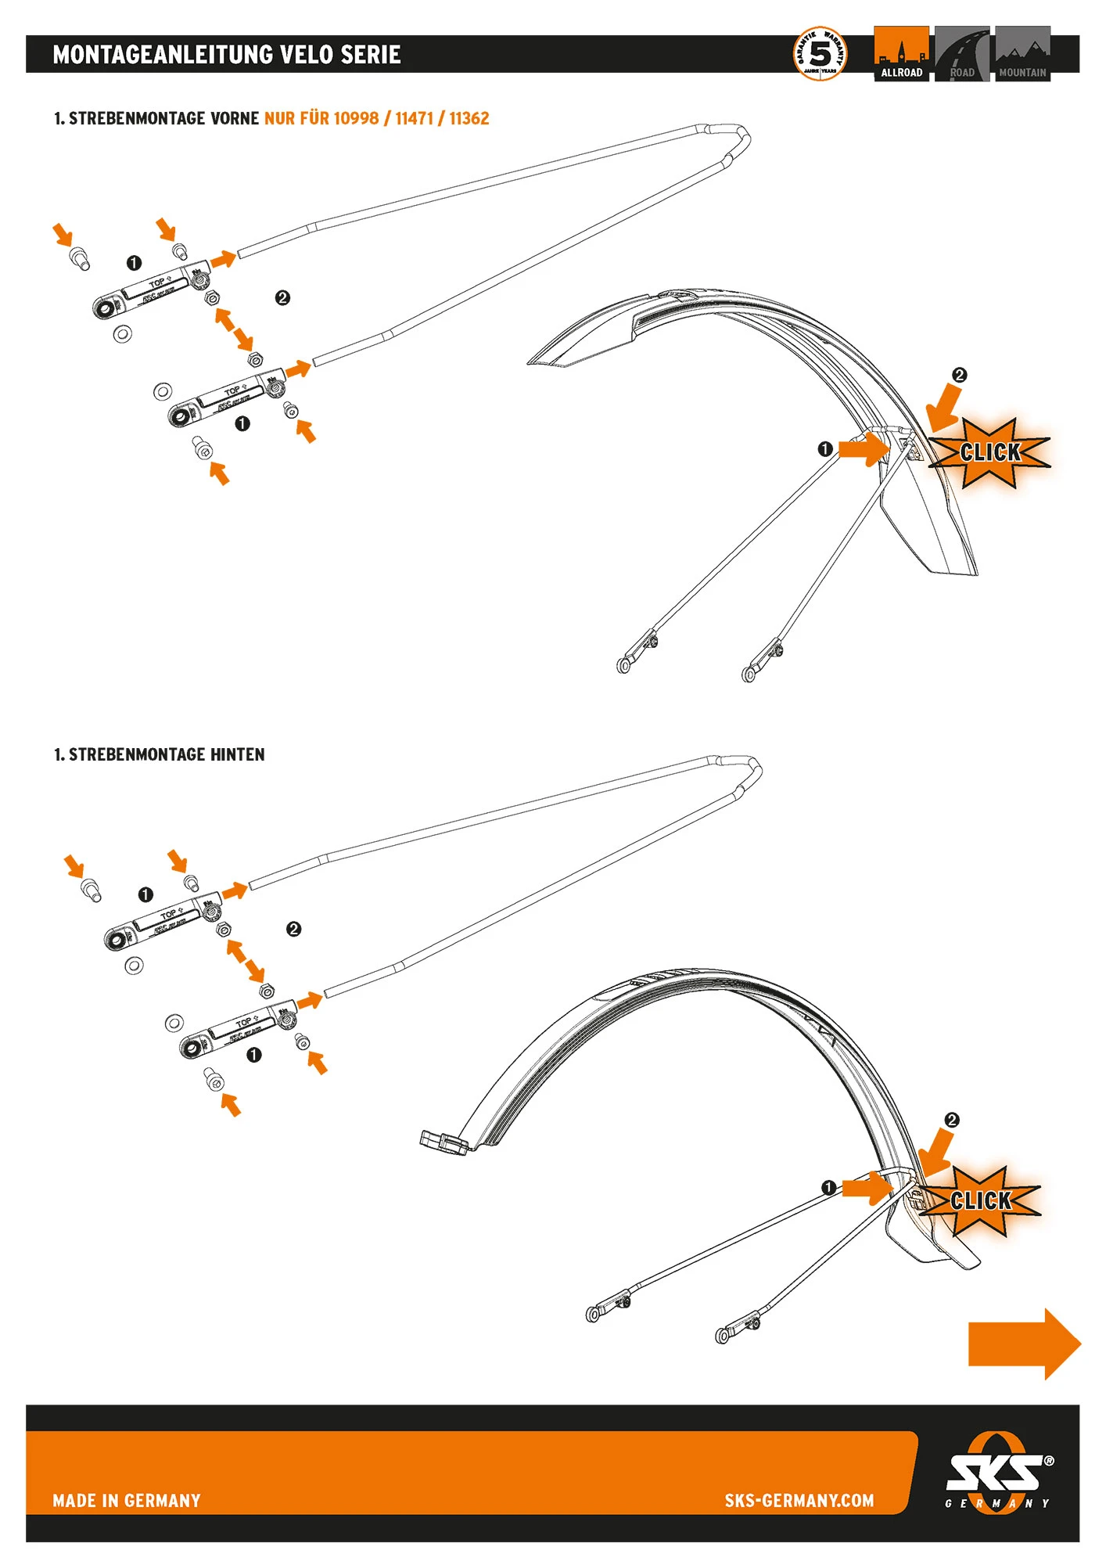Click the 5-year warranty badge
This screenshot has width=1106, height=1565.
[819, 54]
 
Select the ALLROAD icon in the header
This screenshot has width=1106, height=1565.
[901, 54]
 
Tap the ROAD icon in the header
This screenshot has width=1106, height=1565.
[961, 54]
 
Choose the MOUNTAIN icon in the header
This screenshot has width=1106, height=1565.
[1022, 54]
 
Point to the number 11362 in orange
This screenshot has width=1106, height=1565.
[469, 118]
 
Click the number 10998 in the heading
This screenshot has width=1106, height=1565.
[356, 118]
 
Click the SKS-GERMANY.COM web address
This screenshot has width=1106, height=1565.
[799, 1500]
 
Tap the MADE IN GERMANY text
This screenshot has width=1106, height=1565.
[127, 1500]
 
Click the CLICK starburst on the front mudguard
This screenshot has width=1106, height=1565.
[989, 452]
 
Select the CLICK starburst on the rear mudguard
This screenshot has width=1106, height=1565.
[980, 1201]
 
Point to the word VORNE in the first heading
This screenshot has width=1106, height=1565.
[235, 118]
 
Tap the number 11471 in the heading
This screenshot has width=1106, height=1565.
[414, 118]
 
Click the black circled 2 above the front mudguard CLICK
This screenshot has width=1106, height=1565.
[960, 375]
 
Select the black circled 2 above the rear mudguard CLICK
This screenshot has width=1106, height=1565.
[952, 1120]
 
